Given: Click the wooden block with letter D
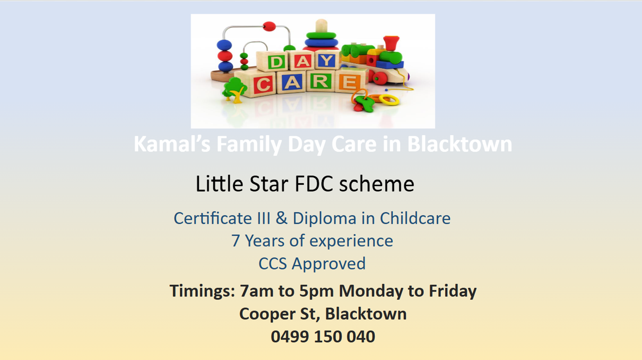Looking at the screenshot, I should point(276,62).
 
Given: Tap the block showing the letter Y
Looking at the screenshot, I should point(327,61).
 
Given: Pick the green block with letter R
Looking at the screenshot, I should point(320,81).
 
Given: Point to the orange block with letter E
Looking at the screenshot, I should point(349,83).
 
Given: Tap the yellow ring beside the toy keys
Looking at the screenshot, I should point(389,100).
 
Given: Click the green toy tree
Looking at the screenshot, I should point(234,89).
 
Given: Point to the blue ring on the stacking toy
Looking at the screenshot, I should point(321,43).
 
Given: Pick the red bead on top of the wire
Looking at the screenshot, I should point(269,27).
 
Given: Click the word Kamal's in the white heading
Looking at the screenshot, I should point(172,144).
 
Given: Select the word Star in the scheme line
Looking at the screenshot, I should point(269,184).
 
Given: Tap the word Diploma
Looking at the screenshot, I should point(324,218).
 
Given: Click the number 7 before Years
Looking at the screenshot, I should point(236,241).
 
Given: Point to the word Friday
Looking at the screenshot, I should point(453,291).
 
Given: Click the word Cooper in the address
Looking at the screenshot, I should point(267,314).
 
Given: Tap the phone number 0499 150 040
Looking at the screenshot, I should point(323,337).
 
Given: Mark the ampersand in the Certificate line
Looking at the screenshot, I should point(281,218).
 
